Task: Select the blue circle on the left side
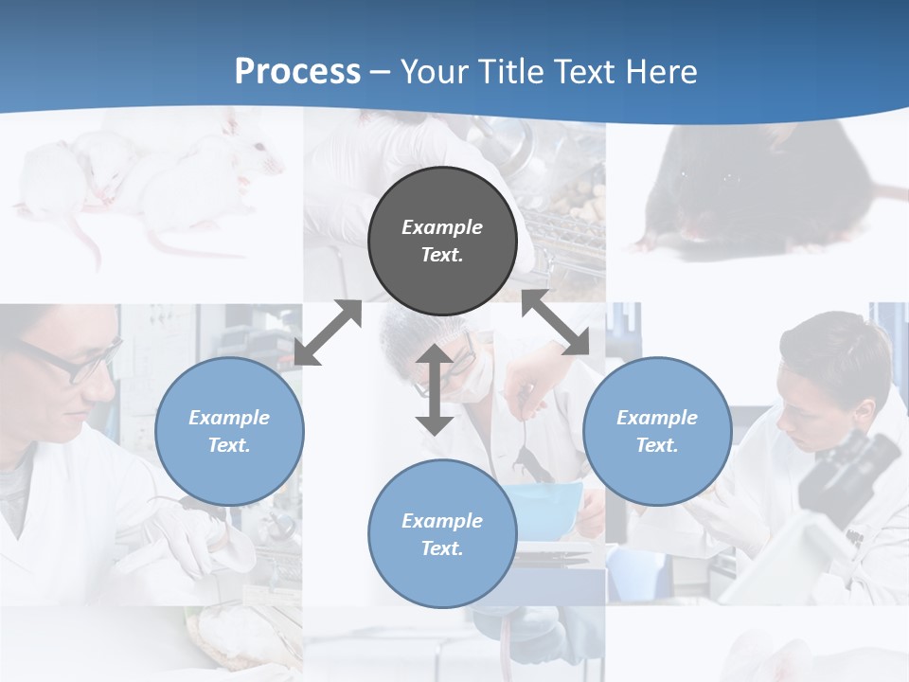229,431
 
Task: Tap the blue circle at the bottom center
442,533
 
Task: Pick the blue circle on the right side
656,431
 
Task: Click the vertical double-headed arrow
435,389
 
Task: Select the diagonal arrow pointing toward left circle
328,332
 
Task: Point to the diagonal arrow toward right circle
556,323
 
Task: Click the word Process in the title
297,71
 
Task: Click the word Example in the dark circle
442,227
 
